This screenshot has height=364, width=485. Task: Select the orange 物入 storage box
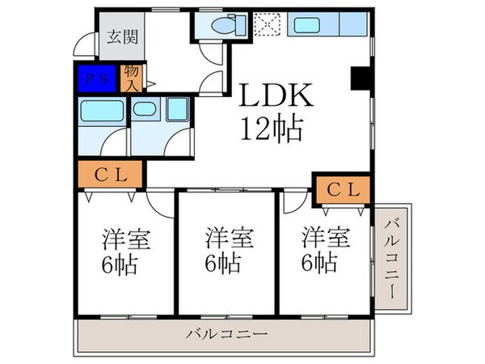pyautogui.click(x=131, y=78)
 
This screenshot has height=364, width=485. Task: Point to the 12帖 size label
pyautogui.click(x=270, y=128)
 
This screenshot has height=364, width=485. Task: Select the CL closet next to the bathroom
pyautogui.click(x=111, y=174)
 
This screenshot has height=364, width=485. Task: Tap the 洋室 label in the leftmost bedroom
pyautogui.click(x=126, y=239)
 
